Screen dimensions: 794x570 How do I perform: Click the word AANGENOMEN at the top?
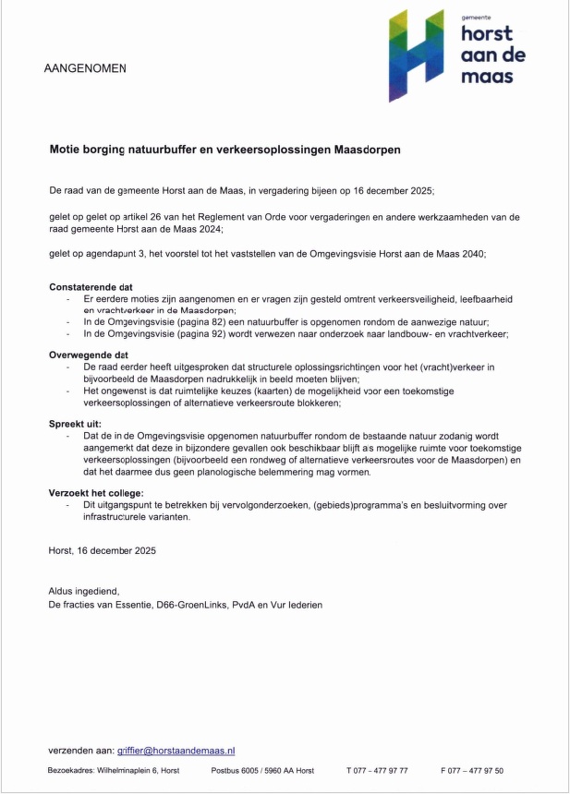pos(85,68)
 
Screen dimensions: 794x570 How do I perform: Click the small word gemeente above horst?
pos(478,17)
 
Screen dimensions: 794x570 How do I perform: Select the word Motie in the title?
pos(65,148)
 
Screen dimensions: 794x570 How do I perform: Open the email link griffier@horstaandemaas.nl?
pos(176,752)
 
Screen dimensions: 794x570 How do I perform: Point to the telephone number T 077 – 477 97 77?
pos(377,770)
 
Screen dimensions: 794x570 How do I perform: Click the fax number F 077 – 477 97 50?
pos(472,770)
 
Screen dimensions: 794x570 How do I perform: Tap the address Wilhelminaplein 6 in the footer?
pos(137,770)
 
